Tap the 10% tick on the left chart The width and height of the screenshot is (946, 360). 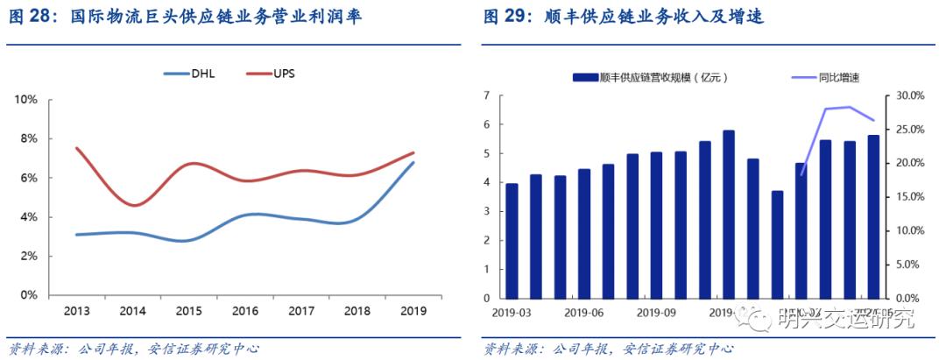tap(25, 100)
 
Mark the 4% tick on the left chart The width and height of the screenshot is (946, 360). tap(28, 217)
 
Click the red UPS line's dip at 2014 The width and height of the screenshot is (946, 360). tap(131, 205)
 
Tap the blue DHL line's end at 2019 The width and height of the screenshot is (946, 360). tap(413, 162)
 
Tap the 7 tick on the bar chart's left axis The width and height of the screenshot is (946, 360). tap(488, 95)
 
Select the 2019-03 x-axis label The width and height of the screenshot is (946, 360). tap(512, 312)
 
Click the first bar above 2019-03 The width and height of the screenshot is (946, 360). tap(512, 241)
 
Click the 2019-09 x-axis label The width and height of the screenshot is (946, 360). tap(657, 312)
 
